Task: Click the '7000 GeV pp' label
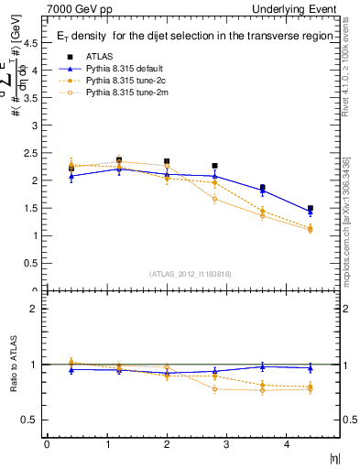77,8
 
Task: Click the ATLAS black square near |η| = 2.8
214,166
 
